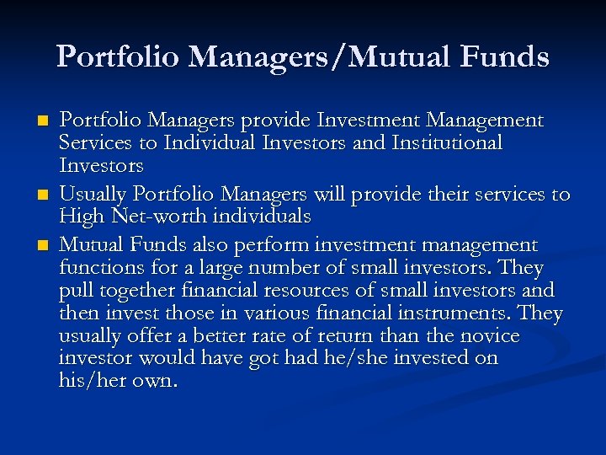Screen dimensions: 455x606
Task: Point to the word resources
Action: pos(328,291)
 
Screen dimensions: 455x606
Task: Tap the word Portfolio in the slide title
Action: pos(118,56)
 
